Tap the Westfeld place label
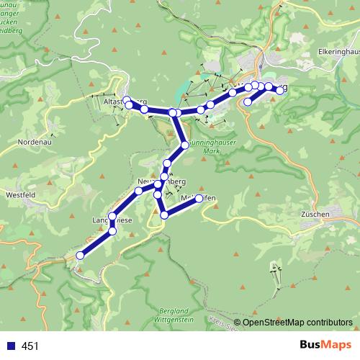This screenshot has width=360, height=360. tap(21, 193)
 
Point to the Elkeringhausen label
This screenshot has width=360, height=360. tap(338, 53)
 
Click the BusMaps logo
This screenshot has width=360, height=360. tap(323, 346)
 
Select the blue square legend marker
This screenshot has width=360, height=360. tap(11, 346)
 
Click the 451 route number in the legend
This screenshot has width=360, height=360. tap(30, 346)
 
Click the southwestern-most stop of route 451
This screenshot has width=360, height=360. tap(81, 255)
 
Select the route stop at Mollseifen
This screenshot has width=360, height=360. tap(199, 199)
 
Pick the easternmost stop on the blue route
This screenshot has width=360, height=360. tap(279, 90)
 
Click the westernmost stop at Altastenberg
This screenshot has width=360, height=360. tap(127, 100)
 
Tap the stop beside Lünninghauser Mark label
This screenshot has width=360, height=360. tap(185, 145)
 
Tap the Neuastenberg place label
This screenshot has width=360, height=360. tap(161, 182)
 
